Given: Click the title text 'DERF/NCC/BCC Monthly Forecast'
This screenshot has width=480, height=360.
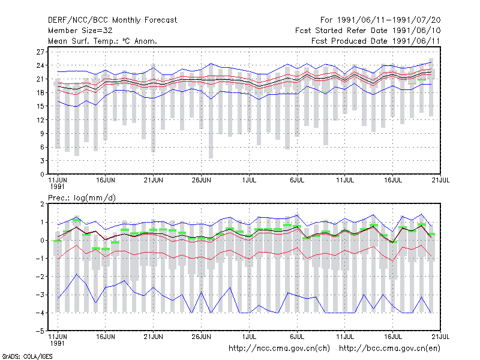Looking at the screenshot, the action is (112, 20).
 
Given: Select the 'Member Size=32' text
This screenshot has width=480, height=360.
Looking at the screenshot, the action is (80, 31).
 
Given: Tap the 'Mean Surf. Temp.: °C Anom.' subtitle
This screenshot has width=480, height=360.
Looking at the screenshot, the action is (103, 41).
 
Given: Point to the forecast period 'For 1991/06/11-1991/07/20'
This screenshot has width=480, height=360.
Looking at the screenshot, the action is (380, 20).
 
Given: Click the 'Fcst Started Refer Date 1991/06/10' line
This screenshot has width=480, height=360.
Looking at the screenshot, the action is (368, 31).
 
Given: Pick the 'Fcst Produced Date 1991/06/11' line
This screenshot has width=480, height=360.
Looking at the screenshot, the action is (376, 41).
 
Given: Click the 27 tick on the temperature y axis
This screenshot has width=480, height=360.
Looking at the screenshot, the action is (40, 52).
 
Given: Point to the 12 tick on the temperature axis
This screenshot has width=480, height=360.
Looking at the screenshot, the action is (40, 120).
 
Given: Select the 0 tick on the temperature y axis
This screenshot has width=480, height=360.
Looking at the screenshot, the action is (42, 175).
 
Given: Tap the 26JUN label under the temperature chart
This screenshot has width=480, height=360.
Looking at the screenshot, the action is (201, 181).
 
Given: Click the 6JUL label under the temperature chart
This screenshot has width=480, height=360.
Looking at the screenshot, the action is (297, 181).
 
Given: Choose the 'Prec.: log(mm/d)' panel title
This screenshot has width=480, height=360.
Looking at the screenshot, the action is (82, 198).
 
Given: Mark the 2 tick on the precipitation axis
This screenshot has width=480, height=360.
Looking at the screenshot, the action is (42, 204).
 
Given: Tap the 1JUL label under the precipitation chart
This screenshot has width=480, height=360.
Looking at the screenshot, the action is (249, 337).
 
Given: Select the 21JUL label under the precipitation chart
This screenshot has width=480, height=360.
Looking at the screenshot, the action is (440, 337).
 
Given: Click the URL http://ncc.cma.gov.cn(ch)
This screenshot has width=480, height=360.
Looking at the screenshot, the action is (279, 349).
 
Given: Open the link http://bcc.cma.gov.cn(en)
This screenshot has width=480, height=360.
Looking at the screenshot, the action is (389, 349).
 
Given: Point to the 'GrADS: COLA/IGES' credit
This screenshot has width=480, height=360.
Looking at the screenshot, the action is (27, 356).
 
